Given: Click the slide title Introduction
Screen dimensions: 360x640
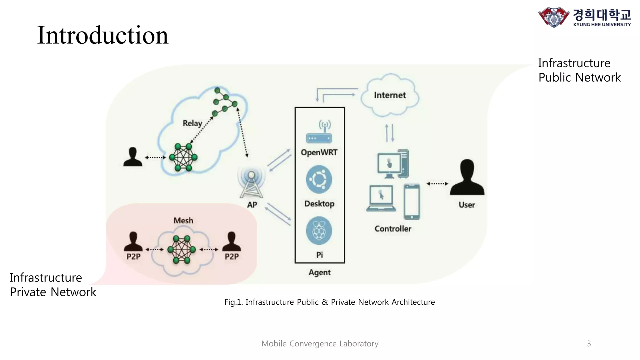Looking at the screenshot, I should click(102, 35).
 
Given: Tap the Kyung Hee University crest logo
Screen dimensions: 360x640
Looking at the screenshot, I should click(553, 17).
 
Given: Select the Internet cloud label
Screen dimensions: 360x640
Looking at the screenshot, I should click(390, 95).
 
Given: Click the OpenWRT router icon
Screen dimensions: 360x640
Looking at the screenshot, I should click(319, 132).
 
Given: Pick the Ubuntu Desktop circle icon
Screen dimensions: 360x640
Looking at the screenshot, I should click(319, 179).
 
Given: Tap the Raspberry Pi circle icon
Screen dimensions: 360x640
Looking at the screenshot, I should click(319, 231).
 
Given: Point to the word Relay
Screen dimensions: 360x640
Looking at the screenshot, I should click(192, 123).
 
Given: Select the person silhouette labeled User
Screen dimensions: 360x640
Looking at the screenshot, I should click(467, 178).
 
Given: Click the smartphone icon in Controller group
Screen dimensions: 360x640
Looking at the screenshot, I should click(412, 202).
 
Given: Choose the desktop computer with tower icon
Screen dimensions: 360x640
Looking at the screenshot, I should click(393, 164).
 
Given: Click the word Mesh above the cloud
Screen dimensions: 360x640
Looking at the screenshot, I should click(183, 221).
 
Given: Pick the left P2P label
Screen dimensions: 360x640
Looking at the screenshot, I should click(133, 257).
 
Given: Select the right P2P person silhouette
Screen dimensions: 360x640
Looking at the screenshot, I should click(232, 242).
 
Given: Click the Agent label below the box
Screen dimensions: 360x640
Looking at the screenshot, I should click(319, 272).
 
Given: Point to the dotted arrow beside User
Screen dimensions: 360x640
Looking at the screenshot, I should click(437, 184).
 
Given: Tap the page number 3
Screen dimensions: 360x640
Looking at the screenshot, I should click(589, 344).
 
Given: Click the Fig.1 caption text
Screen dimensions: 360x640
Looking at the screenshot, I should click(329, 302).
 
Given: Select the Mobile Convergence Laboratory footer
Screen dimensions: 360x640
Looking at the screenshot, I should click(320, 344).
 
